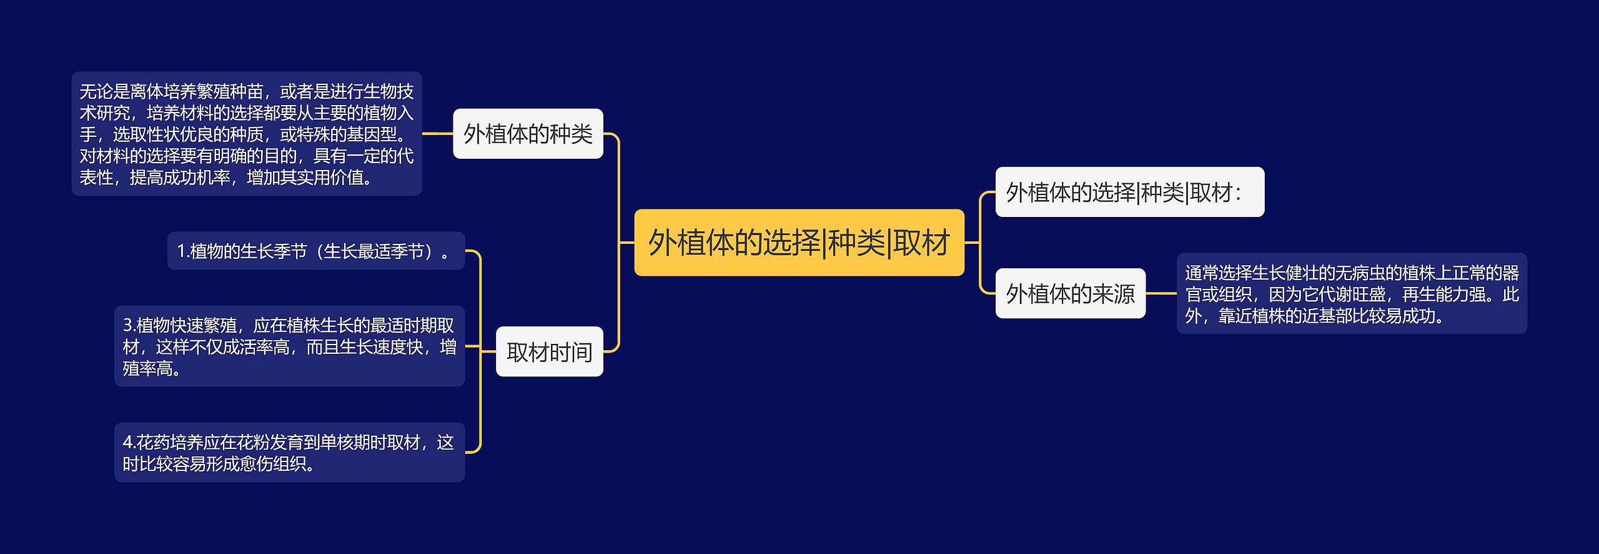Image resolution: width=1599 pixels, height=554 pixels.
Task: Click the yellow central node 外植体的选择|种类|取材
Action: click(x=799, y=243)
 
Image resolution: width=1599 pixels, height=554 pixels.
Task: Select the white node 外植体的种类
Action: click(x=528, y=134)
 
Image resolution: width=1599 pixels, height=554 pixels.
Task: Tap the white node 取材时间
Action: click(x=549, y=352)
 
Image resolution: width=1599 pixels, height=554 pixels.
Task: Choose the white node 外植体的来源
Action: click(x=1070, y=293)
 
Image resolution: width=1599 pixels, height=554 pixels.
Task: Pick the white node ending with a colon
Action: click(x=1129, y=192)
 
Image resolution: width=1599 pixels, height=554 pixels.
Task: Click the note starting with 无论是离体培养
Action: click(x=246, y=134)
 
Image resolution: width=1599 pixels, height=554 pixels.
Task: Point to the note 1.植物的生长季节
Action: click(x=315, y=251)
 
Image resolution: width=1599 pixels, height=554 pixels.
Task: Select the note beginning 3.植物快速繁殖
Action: click(x=289, y=346)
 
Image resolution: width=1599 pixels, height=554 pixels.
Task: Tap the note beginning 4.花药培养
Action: click(x=289, y=453)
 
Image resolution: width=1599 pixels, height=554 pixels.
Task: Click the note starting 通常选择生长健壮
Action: click(x=1352, y=294)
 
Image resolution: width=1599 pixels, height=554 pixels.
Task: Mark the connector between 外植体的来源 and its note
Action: click(x=1161, y=293)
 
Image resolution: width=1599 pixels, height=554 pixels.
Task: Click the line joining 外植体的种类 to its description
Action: click(x=437, y=133)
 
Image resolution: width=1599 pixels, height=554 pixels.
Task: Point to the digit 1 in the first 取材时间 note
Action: click(x=181, y=251)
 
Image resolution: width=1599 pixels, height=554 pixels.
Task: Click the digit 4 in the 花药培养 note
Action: click(x=127, y=443)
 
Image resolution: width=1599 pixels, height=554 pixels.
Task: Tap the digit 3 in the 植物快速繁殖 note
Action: click(x=127, y=326)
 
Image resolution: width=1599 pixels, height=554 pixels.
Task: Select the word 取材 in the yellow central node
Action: click(x=922, y=243)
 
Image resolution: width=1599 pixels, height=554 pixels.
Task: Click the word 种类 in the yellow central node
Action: click(x=857, y=243)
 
